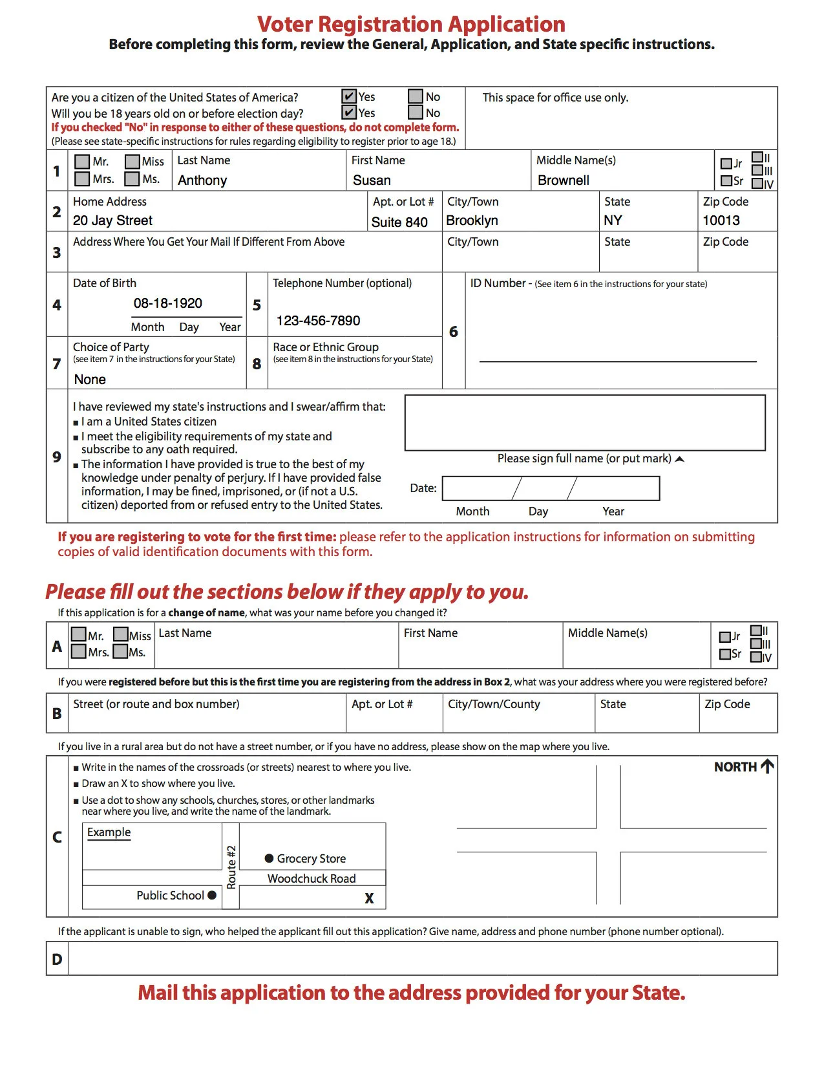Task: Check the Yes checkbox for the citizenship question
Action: tap(349, 96)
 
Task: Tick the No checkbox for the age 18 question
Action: tap(416, 113)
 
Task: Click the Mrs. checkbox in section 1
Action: tap(82, 178)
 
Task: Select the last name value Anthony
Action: tap(202, 180)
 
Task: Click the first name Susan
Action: tap(372, 180)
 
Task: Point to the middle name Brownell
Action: tap(563, 180)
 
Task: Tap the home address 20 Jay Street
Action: tap(112, 221)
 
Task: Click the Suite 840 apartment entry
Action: tap(399, 222)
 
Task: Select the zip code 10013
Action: tap(721, 221)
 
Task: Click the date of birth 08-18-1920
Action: tap(167, 303)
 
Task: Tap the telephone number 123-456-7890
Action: tap(318, 321)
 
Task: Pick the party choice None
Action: tap(90, 380)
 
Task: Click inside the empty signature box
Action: tap(584, 423)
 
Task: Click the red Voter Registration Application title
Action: tap(411, 24)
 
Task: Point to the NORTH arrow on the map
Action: tap(767, 766)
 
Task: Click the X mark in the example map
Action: tap(369, 898)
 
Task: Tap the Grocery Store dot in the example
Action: tap(269, 858)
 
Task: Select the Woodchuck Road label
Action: tap(312, 878)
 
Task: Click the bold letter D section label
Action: tap(57, 959)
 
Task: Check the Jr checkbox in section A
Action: tap(725, 637)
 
